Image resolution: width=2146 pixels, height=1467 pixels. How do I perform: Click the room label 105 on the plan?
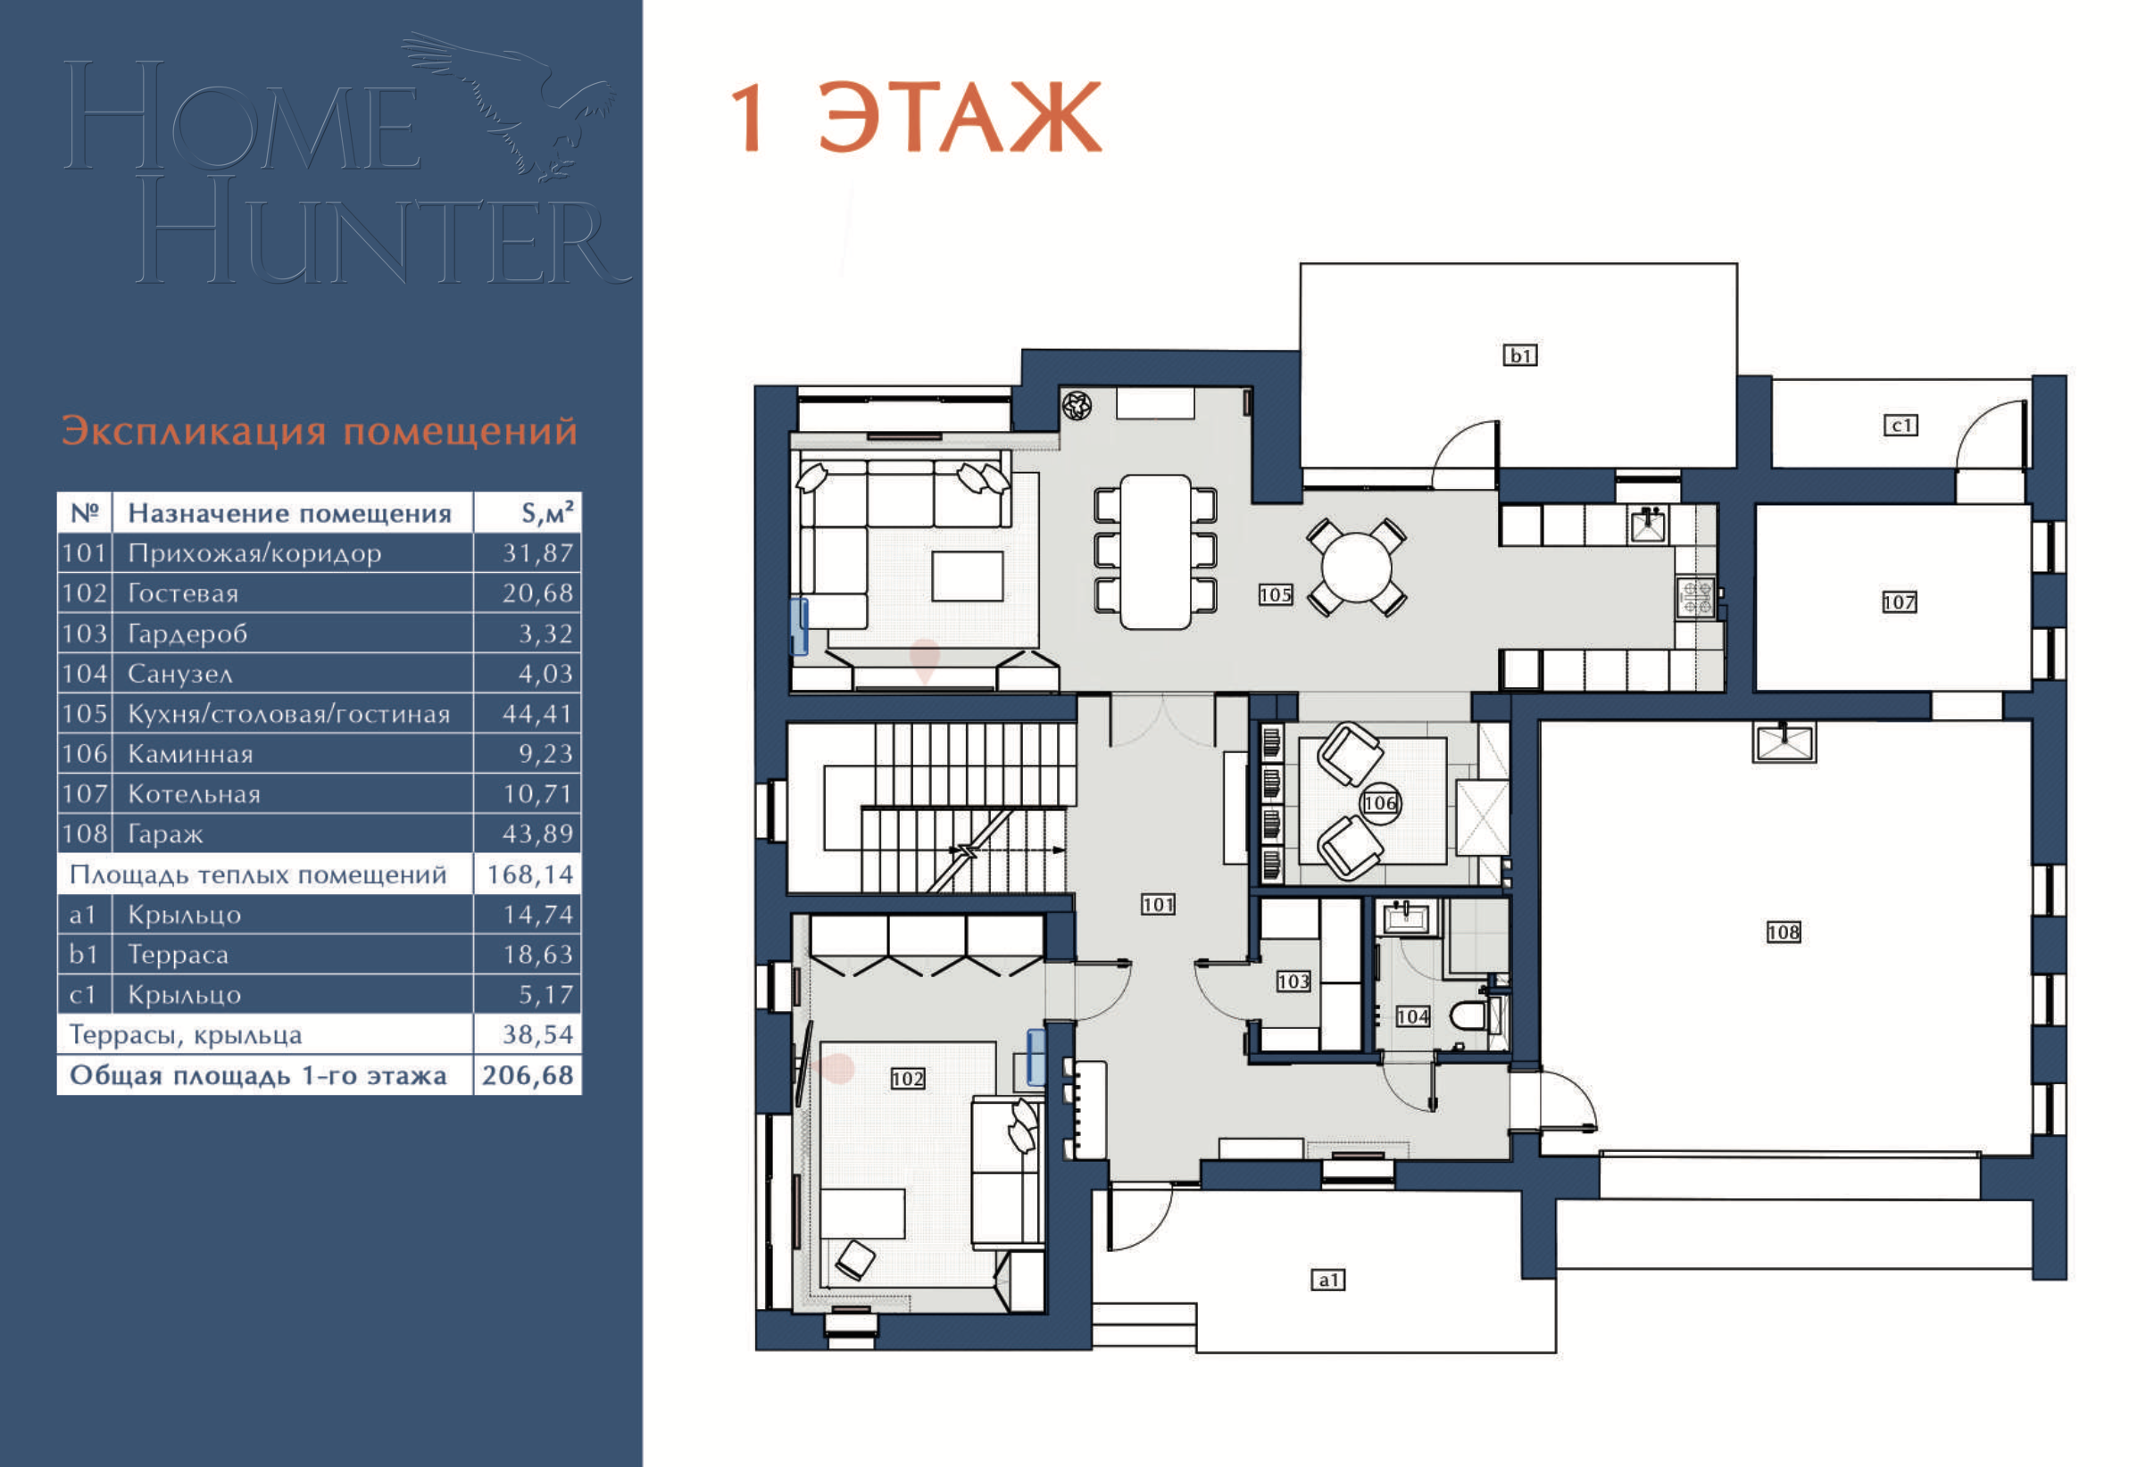pyautogui.click(x=1276, y=594)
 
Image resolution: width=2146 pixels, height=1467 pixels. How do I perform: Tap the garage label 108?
pyautogui.click(x=1783, y=932)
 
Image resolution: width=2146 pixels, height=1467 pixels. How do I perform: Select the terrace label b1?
pyautogui.click(x=1520, y=355)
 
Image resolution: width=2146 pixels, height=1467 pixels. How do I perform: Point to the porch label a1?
pyautogui.click(x=1328, y=1280)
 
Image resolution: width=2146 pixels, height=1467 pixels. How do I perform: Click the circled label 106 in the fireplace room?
pyautogui.click(x=1379, y=803)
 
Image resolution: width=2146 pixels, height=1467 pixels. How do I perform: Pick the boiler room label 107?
pyautogui.click(x=1899, y=602)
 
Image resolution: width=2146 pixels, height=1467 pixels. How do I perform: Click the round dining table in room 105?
pyautogui.click(x=1356, y=567)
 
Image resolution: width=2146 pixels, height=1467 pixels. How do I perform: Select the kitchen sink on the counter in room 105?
pyautogui.click(x=1648, y=526)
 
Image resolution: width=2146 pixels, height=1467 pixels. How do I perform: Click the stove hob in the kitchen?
pyautogui.click(x=1695, y=597)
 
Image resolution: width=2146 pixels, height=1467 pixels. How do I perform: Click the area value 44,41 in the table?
pyautogui.click(x=537, y=714)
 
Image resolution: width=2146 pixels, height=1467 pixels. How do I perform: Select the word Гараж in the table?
pyautogui.click(x=165, y=833)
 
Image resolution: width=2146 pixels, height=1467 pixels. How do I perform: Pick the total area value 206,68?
pyautogui.click(x=528, y=1075)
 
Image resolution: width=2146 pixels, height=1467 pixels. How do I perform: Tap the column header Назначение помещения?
pyautogui.click(x=289, y=513)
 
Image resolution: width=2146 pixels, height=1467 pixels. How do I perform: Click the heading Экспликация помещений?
pyautogui.click(x=320, y=431)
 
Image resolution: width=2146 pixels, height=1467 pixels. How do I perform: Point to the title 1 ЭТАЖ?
pyautogui.click(x=915, y=117)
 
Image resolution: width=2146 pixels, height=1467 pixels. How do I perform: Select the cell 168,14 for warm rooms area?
pyautogui.click(x=530, y=874)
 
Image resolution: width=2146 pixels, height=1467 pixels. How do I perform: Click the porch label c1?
pyautogui.click(x=1901, y=426)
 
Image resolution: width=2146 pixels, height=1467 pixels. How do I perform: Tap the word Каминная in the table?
pyautogui.click(x=190, y=754)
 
